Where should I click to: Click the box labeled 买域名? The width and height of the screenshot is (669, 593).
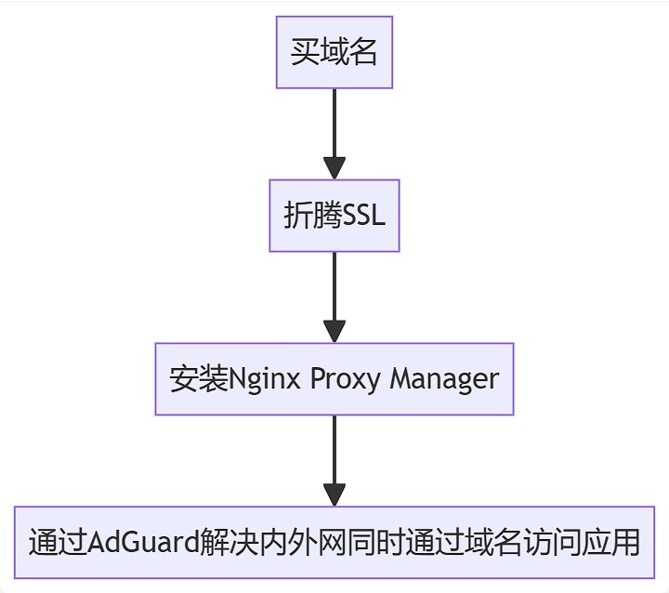[334, 52]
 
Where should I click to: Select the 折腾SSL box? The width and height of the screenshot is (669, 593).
[334, 216]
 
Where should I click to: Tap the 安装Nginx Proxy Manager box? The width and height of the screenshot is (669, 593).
[334, 379]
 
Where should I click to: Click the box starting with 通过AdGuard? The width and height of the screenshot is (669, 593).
[334, 542]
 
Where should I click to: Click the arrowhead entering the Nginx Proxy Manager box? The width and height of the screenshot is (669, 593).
[334, 332]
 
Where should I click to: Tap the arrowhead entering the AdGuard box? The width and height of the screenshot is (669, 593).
[334, 494]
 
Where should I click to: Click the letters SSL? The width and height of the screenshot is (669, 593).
[364, 216]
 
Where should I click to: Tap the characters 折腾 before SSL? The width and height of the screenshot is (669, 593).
[312, 216]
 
